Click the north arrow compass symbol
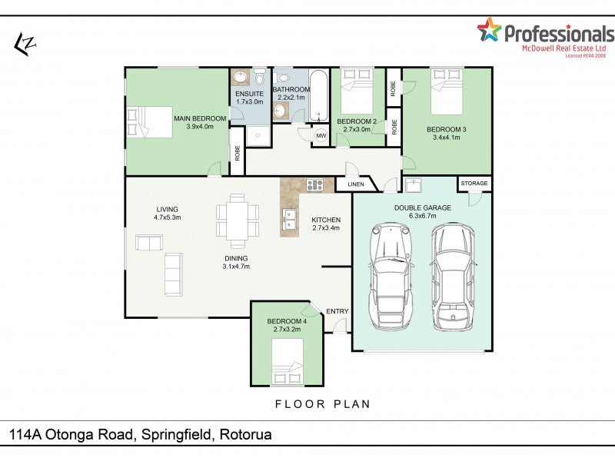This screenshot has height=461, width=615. click(25, 45)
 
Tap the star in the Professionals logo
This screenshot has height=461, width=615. click(489, 30)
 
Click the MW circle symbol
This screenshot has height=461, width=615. click(321, 136)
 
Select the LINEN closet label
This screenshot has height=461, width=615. click(356, 184)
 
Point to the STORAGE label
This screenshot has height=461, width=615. click(474, 183)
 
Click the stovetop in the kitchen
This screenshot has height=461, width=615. click(314, 184)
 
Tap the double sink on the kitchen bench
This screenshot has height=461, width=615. click(290, 220)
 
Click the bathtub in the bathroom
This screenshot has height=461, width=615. click(318, 96)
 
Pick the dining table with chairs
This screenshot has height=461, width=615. click(238, 221)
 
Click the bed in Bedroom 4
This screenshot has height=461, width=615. click(287, 361)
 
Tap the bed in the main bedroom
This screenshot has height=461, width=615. click(150, 122)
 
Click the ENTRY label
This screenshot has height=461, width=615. click(337, 311)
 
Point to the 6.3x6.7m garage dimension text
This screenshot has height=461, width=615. click(422, 216)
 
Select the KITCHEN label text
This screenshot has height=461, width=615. click(326, 220)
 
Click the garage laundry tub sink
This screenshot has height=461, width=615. click(413, 185)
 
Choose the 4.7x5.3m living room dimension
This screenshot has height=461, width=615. click(167, 217)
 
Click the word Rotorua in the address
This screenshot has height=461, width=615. click(245, 434)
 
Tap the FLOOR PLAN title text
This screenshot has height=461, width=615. click(323, 404)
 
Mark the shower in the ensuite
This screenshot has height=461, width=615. click(258, 136)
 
